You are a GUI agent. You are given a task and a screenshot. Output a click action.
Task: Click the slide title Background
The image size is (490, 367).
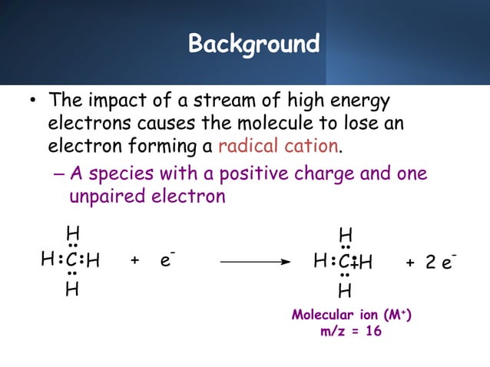[x=253, y=44]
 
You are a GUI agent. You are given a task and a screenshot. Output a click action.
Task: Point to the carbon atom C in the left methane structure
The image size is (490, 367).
[x=71, y=262]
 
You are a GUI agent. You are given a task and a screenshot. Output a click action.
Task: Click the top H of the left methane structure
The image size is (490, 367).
[x=72, y=233]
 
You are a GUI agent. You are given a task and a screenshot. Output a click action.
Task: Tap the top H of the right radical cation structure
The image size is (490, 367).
[x=346, y=233]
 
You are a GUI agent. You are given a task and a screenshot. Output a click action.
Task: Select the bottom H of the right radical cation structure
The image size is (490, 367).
[x=346, y=291]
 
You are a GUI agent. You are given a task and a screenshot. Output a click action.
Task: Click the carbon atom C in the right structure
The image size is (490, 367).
[x=345, y=263]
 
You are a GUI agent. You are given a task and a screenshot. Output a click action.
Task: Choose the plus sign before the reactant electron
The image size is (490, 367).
[x=135, y=262]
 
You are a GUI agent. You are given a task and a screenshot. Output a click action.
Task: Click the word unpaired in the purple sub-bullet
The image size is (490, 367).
[x=101, y=197]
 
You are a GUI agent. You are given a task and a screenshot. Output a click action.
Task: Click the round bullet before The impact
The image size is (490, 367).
[x=33, y=103]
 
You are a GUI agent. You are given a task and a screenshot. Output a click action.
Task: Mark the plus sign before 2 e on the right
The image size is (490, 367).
[x=410, y=263]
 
